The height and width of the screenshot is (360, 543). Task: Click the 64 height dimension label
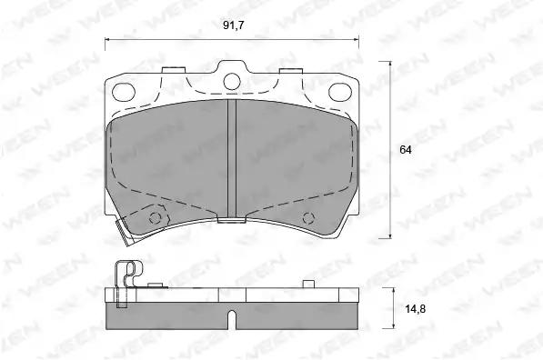pos(406,150)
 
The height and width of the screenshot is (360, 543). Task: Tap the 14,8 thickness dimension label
pos(416,308)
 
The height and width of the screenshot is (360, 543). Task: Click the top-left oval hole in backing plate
pos(124,92)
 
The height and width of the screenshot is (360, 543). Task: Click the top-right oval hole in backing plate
pos(340,92)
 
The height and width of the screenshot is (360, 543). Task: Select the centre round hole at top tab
pos(232,82)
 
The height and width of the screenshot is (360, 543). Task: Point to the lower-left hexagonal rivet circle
pos(155,218)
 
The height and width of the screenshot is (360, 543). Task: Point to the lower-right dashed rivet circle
pos(308,218)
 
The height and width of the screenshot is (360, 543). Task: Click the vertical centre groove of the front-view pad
pos(232,159)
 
